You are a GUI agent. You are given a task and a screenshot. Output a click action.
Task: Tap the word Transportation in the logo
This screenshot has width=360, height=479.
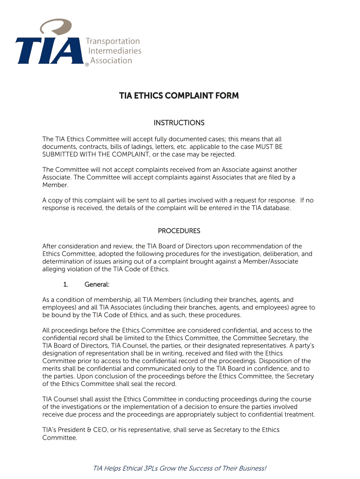tap(114, 41)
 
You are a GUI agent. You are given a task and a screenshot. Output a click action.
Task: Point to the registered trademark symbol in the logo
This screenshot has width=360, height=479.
tap(86, 65)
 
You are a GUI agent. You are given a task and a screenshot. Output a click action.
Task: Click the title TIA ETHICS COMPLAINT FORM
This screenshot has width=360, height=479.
tap(179, 96)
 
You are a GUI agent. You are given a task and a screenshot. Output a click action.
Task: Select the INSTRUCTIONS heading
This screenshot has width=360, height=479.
tap(179, 123)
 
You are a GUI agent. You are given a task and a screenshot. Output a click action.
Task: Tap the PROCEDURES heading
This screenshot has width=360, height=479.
tap(179, 231)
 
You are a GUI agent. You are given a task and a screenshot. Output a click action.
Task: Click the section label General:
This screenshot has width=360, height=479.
tap(97, 284)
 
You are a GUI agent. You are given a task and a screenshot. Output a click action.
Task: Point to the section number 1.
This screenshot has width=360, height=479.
tap(65, 284)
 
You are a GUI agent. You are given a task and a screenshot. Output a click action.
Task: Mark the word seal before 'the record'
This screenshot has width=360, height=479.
tap(140, 384)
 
